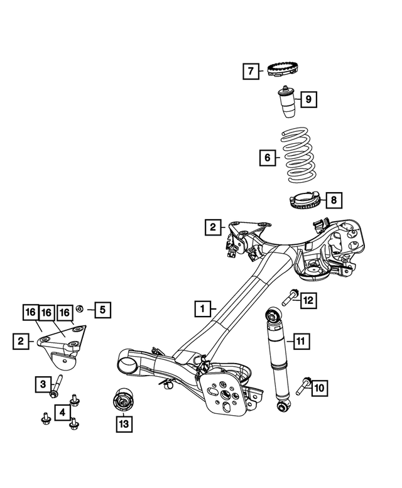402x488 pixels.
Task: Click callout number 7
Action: [250, 71]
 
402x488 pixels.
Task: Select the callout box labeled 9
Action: [308, 99]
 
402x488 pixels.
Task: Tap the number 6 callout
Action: [267, 158]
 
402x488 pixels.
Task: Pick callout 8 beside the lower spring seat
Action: [334, 200]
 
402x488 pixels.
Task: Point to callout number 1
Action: [202, 309]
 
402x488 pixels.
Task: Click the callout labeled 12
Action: [308, 301]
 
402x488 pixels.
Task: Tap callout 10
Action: [320, 388]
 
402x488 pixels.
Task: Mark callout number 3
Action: [42, 382]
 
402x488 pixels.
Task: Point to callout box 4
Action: [62, 412]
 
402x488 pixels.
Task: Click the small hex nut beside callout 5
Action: [80, 308]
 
